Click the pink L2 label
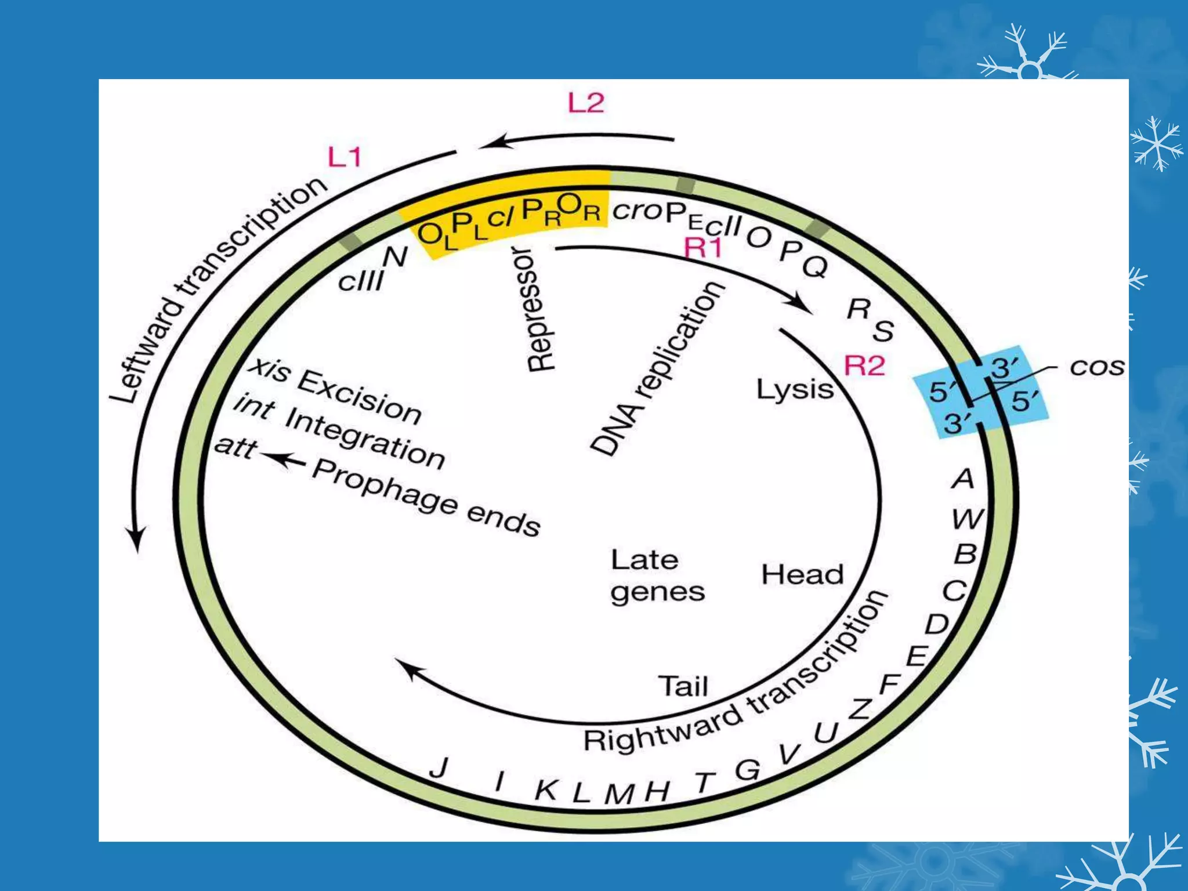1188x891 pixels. tap(586, 103)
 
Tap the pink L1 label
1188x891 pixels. tap(345, 157)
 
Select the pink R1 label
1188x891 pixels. tap(704, 248)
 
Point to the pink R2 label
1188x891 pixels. tap(864, 366)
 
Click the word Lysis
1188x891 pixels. tap(795, 389)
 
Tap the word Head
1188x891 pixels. tap(802, 574)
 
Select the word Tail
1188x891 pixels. tap(683, 687)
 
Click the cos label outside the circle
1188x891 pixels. tap(1096, 367)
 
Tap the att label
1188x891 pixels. tap(234, 447)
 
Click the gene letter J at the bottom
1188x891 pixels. tap(440, 768)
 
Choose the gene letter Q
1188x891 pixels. tap(815, 266)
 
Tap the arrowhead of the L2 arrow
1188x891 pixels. tap(487, 142)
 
